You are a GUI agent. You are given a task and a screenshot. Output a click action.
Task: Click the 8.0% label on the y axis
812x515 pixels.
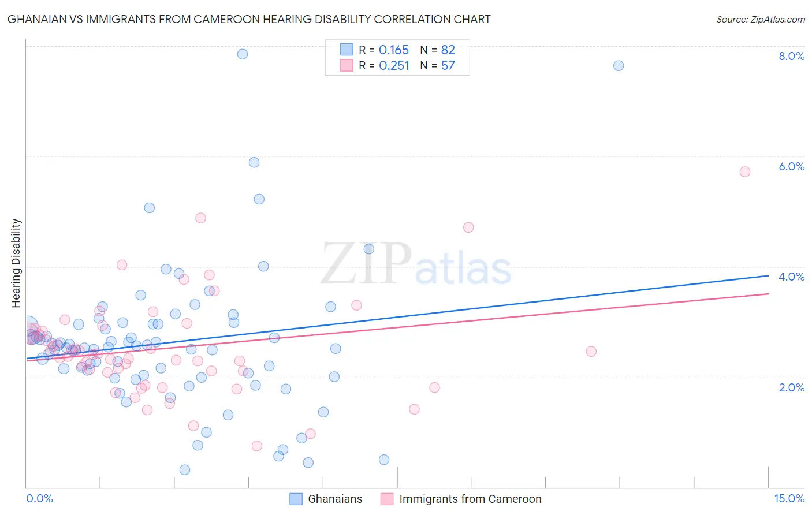791,56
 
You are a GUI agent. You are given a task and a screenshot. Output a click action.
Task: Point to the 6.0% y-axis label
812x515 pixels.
791,166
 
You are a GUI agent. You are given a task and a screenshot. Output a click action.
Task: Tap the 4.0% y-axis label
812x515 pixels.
791,277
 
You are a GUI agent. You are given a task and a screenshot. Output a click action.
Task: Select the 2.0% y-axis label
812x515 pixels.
791,387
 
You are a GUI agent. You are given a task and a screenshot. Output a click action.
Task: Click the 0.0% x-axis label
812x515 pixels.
39,498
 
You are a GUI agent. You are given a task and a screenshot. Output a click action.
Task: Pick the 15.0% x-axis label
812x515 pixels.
789,498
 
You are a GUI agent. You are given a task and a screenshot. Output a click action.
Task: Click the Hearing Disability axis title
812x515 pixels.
16,263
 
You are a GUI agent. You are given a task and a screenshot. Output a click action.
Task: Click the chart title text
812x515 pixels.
249,19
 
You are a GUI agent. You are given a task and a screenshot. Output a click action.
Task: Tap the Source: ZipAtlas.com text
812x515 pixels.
760,19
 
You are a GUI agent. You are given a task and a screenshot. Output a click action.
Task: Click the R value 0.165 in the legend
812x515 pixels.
394,50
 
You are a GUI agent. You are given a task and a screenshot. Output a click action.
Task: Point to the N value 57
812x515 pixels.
448,66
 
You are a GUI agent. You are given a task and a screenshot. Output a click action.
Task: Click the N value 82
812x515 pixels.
448,50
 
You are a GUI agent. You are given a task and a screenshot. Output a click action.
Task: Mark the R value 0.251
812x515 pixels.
394,66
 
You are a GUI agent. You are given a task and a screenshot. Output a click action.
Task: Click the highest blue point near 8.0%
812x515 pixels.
243,54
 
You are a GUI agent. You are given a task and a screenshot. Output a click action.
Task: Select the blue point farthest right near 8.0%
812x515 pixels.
619,65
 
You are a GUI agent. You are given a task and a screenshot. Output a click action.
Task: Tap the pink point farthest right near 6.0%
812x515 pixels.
745,171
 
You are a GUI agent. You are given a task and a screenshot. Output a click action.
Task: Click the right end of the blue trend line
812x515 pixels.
768,275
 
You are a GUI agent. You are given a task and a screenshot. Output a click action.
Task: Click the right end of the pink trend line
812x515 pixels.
768,294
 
